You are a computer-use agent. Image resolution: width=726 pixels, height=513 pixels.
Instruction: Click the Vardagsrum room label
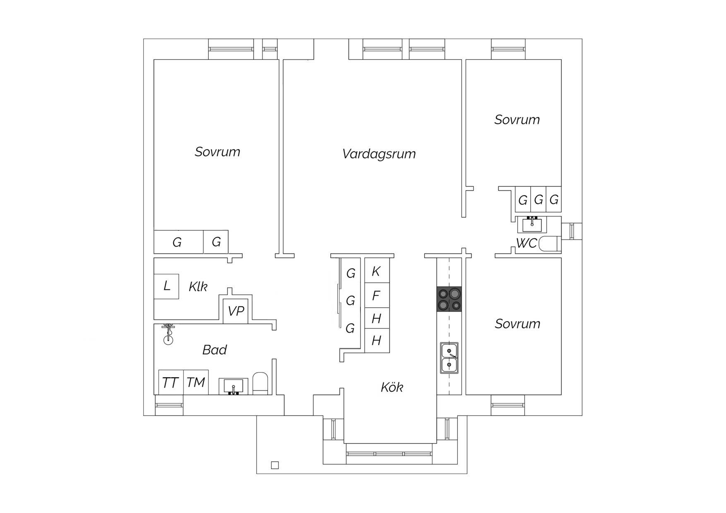(x=379, y=154)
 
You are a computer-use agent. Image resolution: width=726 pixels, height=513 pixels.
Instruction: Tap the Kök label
(x=392, y=387)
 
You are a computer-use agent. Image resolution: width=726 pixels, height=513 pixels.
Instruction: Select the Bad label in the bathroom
(x=214, y=350)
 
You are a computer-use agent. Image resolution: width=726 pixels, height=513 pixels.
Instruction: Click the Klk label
(x=198, y=286)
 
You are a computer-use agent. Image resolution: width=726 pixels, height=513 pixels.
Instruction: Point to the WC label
(x=526, y=243)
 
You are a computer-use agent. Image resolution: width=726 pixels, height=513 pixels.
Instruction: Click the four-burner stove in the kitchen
(x=449, y=299)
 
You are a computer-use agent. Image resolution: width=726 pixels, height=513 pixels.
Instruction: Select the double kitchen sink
(x=449, y=358)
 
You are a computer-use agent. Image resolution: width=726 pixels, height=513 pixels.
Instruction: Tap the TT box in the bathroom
(x=171, y=382)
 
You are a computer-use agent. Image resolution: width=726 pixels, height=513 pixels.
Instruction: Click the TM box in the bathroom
(x=196, y=382)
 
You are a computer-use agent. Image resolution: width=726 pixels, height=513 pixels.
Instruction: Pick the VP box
(x=236, y=311)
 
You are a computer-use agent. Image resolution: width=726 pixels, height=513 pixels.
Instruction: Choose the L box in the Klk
(x=166, y=286)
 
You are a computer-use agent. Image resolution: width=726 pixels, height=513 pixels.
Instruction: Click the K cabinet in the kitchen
(x=377, y=271)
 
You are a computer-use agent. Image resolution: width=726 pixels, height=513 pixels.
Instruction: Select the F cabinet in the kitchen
(x=377, y=295)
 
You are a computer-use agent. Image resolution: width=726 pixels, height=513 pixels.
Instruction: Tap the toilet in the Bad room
(x=260, y=384)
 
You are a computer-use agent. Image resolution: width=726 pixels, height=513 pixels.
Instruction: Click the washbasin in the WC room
(x=532, y=225)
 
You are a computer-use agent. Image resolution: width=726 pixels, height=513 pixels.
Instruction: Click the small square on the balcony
(x=275, y=465)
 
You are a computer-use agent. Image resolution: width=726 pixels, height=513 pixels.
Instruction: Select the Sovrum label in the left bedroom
(x=217, y=152)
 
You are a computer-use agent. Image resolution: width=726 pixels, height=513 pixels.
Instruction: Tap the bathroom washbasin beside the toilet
(x=233, y=386)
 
